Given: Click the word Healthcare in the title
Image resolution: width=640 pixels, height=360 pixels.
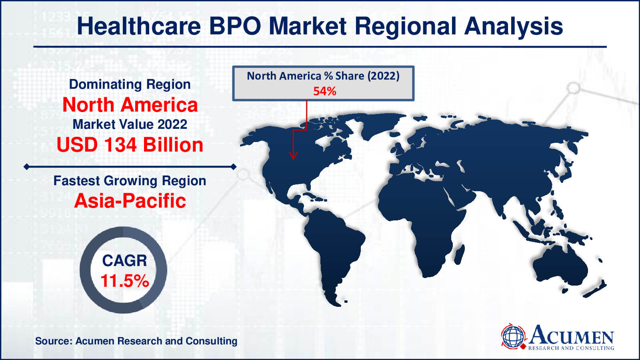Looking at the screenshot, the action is point(139,26).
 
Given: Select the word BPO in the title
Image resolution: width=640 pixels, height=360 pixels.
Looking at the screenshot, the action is point(235,26).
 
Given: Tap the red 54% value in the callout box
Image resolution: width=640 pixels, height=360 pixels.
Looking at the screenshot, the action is point(324,92).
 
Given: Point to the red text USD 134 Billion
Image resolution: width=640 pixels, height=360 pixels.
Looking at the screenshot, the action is point(130,144).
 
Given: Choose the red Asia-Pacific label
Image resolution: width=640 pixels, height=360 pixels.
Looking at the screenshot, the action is point(130,201).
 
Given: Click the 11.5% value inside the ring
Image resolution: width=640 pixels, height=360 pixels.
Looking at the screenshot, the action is point(125,280).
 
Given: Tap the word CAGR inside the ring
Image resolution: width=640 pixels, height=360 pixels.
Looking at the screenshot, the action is point(124,260).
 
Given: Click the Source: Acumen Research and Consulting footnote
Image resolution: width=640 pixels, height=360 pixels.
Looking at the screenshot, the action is point(136,341).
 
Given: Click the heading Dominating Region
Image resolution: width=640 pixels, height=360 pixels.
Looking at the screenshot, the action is point(130,84).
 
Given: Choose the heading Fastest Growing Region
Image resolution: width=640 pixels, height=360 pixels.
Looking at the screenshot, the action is point(130,181).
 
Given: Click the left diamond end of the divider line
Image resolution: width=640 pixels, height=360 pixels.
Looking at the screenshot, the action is point(26,166).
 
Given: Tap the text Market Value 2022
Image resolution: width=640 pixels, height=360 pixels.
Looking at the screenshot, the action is point(130,124).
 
